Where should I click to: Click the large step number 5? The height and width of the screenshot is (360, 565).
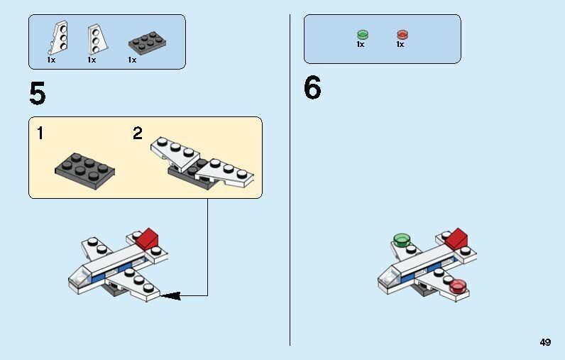[x=38, y=94]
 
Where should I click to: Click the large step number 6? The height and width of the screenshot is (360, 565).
[x=312, y=89]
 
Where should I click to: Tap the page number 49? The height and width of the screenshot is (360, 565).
[x=544, y=342]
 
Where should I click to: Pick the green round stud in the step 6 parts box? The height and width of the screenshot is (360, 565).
[x=362, y=34]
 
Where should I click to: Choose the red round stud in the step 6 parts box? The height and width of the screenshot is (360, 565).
[x=402, y=34]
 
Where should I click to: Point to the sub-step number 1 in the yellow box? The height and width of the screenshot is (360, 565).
[x=40, y=133]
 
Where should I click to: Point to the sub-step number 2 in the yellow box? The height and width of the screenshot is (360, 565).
[x=138, y=133]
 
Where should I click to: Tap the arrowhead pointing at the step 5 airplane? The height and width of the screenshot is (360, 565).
[x=168, y=295]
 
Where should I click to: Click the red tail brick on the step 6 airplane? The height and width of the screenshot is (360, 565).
[x=457, y=239]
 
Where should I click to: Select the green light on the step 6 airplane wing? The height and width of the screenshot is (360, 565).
[x=402, y=239]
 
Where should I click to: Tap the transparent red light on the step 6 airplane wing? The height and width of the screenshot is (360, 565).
[x=458, y=285]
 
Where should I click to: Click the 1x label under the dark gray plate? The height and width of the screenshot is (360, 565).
[x=133, y=60]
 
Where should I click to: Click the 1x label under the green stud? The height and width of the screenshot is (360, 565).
[x=361, y=44]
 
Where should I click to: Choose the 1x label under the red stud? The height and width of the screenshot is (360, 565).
[x=400, y=44]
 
